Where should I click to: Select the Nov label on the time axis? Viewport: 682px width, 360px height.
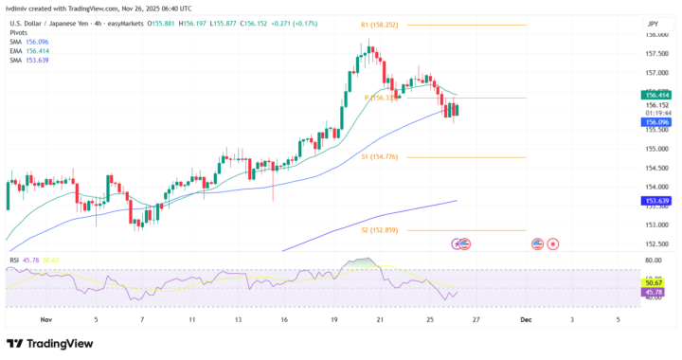[46, 320]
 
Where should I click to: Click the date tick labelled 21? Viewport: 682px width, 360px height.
[379, 320]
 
